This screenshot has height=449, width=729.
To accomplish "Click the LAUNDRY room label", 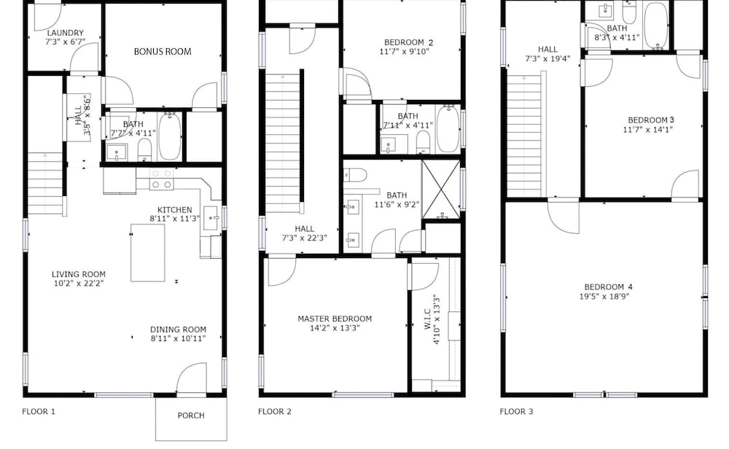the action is click(x=66, y=33).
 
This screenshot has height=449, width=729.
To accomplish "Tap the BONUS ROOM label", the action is click(x=163, y=52).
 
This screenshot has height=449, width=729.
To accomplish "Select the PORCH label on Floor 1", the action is click(x=191, y=415).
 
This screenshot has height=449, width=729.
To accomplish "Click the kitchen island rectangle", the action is click(x=148, y=253).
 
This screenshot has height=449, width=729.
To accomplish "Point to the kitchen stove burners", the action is click(x=161, y=179).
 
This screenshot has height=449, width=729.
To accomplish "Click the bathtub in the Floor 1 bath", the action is click(x=170, y=136).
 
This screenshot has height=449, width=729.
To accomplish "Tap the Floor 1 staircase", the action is click(x=45, y=184).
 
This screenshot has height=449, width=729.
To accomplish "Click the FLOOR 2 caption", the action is click(x=275, y=411).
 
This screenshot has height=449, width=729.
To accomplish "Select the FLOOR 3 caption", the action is click(x=517, y=411).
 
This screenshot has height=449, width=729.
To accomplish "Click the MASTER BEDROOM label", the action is click(x=335, y=319).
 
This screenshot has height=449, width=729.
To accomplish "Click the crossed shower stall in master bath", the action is click(x=441, y=190).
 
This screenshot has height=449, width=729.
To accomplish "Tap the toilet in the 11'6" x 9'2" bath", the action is click(x=355, y=175).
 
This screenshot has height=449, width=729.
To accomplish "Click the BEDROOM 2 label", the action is click(x=409, y=42).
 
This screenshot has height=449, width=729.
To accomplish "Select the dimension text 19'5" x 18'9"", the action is click(x=604, y=296).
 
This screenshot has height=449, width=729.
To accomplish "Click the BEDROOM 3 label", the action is click(x=651, y=120).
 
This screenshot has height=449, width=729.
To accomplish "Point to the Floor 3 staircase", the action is click(x=524, y=136).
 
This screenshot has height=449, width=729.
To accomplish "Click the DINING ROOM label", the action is click(x=178, y=329).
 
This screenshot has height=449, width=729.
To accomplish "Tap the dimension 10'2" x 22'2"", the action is click(x=79, y=283).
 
